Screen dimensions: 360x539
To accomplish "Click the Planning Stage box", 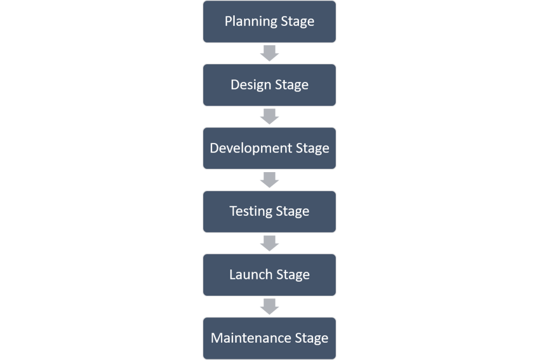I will (269, 22).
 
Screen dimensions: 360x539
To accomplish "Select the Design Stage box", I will (269, 85).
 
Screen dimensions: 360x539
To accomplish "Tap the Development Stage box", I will (269, 148).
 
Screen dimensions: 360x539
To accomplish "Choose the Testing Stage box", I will (269, 211).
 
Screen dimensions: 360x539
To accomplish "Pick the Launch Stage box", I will (269, 274).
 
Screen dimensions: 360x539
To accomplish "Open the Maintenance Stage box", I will (269, 338).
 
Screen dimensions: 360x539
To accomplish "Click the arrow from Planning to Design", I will (269, 53).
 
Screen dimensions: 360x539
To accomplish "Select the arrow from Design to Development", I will (269, 116).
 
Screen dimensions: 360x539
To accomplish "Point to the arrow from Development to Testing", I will (269, 179).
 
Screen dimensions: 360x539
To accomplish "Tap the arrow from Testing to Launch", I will (269, 243).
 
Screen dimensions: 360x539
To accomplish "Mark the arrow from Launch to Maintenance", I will (269, 306).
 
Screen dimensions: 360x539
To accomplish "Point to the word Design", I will (249, 85).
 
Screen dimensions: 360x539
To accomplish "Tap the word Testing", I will (251, 212).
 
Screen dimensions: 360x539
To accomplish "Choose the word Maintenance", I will (251, 338).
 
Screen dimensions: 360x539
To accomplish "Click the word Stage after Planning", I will (296, 22).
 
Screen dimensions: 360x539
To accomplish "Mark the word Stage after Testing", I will (292, 212).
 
